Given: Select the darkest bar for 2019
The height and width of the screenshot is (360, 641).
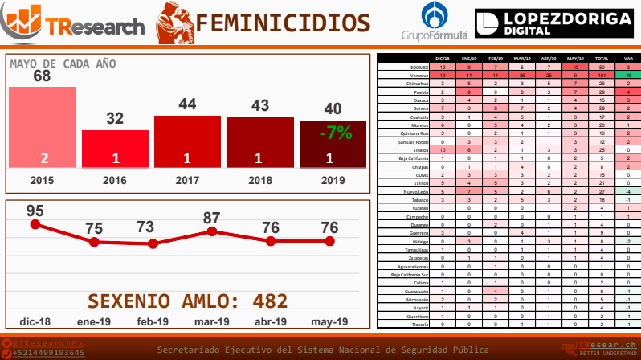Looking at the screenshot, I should coord(333,145).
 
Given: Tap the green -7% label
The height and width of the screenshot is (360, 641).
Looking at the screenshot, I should coord(335,133).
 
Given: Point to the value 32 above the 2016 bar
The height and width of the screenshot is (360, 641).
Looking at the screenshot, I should coord(115,118).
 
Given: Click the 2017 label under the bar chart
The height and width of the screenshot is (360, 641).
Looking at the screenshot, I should coord(187,179).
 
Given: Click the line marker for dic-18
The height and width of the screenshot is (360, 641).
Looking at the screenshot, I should coord(35,224).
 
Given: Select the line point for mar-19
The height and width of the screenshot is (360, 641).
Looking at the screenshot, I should coord(212,231).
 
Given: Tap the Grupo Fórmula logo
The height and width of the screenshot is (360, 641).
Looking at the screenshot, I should coord(435,23).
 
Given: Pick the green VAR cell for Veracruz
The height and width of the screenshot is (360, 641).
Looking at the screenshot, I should coord(626,75).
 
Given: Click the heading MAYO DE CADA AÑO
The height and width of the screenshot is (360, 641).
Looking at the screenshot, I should coord(63,63).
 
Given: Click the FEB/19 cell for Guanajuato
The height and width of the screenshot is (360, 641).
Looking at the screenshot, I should coord(496,291).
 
